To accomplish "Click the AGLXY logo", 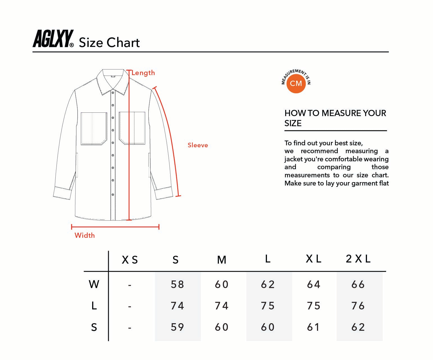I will coord(53,39).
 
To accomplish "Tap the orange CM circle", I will coord(296,83).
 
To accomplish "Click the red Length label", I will coord(143,73).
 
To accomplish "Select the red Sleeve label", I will coord(198,145).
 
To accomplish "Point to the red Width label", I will coord(85,235).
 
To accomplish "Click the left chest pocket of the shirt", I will coord(94,128).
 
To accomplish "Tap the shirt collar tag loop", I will coord(113,76).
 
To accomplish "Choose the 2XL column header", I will coord(358,259).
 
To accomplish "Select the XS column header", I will coord(130,260).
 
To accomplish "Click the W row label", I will coord(94,284).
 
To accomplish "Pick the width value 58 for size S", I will coord(177,284).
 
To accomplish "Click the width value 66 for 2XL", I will coord(358,284).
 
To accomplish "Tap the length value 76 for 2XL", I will coord(358,306).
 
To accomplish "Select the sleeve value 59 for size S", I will coord(177,327).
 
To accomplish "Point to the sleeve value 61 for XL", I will coord(313,327).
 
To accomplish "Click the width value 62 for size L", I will coord(267,284).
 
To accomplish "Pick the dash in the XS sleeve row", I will coord(130,328).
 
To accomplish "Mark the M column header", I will coord(222,260).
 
